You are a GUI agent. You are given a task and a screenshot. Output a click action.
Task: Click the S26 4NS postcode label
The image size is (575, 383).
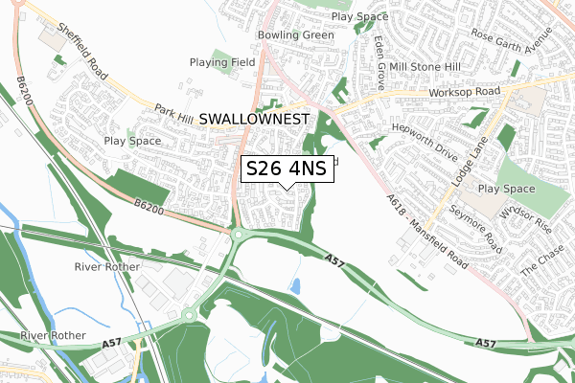coord(287,169)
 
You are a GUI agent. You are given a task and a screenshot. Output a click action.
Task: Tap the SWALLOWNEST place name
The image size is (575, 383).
coord(256,119)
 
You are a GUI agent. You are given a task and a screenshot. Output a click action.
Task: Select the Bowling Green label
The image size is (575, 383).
coord(295,35)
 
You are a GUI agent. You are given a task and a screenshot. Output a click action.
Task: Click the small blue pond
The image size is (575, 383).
coord(294,285)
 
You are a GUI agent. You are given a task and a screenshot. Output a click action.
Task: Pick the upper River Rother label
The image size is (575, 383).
coord(107,266)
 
